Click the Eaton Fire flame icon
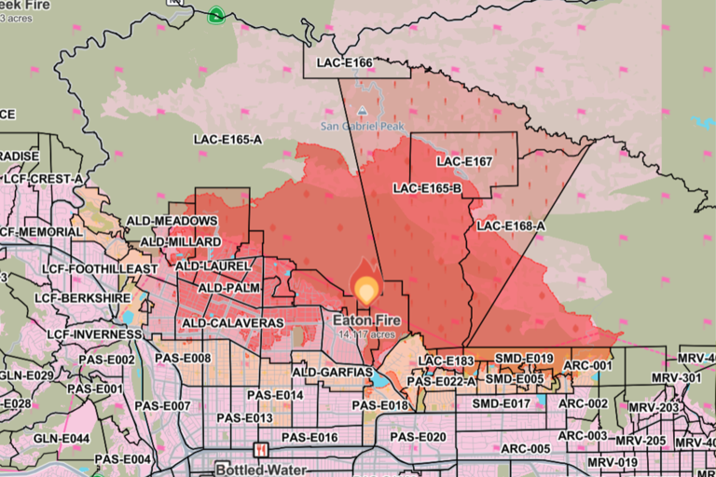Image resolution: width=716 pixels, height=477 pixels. pyautogui.click(x=365, y=289)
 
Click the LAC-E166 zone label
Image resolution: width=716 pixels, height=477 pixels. pyautogui.click(x=346, y=64)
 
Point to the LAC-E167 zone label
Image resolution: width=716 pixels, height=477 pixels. pyautogui.click(x=463, y=162)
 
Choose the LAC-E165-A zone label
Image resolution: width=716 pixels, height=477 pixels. pyautogui.click(x=227, y=140)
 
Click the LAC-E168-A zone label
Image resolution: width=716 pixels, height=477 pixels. pyautogui.click(x=510, y=225)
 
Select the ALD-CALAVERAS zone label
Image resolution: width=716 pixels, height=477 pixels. pyautogui.click(x=232, y=322)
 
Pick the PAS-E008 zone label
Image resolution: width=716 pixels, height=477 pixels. pyautogui.click(x=183, y=358)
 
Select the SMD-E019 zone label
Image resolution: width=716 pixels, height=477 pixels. pyautogui.click(x=524, y=359)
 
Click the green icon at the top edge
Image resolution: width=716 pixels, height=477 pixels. pyautogui.click(x=216, y=14)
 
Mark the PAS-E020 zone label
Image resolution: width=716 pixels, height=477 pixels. pyautogui.click(x=418, y=437)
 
